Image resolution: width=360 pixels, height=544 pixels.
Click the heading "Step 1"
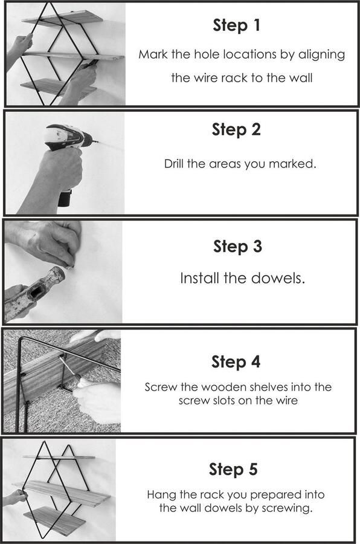tap(236, 25)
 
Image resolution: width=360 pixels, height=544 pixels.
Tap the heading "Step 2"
tap(236, 129)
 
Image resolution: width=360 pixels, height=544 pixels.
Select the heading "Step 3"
tap(237, 247)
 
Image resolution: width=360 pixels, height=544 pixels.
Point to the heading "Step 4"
tap(236, 362)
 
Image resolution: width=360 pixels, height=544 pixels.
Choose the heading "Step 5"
tap(233, 469)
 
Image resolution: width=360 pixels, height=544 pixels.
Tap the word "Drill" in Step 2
tap(174, 163)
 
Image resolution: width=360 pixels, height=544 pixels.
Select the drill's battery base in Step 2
tap(65, 198)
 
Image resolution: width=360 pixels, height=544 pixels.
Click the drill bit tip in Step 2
tap(98, 141)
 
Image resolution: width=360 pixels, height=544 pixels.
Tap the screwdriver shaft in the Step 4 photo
tap(66, 367)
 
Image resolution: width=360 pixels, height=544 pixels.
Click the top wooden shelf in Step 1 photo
tap(63, 18)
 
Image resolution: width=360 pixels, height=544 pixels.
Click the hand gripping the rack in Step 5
tap(14, 496)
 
